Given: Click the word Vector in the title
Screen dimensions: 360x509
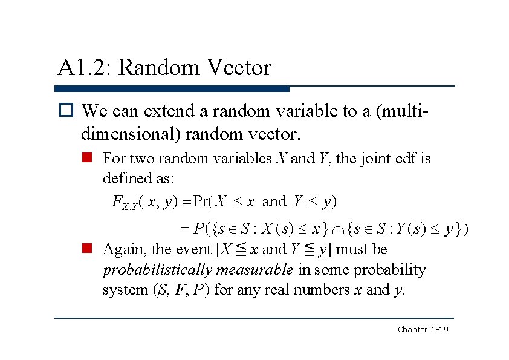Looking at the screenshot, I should pos(238,68).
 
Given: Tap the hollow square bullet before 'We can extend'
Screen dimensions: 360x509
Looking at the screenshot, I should pos(65,111).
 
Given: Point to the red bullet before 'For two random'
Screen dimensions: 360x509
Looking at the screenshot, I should pos(87,159).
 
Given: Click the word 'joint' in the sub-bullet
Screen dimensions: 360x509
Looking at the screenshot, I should pos(380,159).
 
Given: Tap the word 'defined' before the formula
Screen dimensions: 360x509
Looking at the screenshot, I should pos(123,178).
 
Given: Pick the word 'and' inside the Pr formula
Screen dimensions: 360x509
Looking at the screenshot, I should pos(274,201).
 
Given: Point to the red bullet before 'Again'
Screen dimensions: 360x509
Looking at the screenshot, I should pos(87,249).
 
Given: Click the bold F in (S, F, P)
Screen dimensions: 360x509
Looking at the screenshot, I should pos(180,290).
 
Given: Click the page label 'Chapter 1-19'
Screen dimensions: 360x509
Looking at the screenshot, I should pos(422,329).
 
